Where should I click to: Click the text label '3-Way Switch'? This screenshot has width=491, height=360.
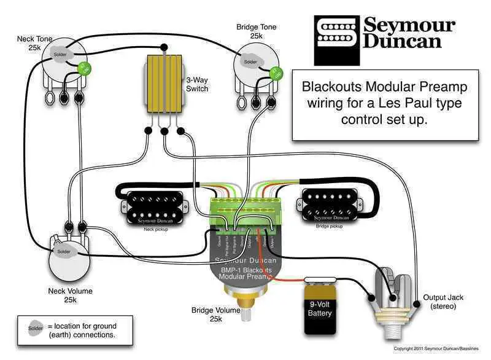197,84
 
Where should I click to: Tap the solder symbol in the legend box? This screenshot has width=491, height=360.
35,329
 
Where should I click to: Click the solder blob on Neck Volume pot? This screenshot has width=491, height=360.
64,251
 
